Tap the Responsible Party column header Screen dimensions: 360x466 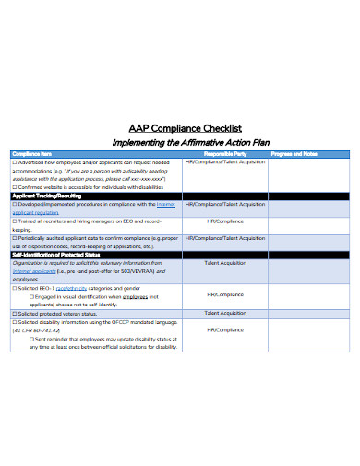point(225,154)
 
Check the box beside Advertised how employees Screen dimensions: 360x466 point(15,162)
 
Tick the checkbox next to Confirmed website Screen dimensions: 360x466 point(15,187)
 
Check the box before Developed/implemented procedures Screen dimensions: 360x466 point(15,205)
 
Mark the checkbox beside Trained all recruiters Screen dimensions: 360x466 point(15,221)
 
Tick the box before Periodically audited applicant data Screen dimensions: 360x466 point(15,238)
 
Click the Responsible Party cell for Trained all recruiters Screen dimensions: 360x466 point(225,221)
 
